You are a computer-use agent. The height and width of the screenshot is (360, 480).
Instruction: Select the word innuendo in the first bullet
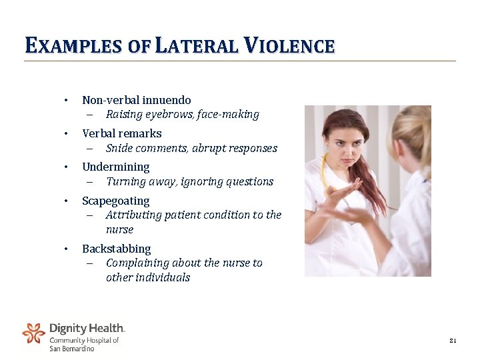167,100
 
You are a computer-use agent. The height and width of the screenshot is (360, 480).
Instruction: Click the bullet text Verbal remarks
121,133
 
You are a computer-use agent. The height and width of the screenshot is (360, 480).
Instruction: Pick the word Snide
121,148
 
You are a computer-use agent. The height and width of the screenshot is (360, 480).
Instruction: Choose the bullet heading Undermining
115,167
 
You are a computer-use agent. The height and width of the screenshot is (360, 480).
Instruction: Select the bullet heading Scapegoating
115,201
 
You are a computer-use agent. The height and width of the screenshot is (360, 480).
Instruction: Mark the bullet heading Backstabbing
116,249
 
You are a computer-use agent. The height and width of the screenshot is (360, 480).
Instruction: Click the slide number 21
453,341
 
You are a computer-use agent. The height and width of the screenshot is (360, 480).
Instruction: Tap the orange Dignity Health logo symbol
33,333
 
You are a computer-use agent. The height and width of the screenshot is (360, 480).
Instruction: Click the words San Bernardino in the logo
72,349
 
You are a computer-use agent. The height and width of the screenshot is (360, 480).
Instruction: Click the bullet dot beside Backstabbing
66,249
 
